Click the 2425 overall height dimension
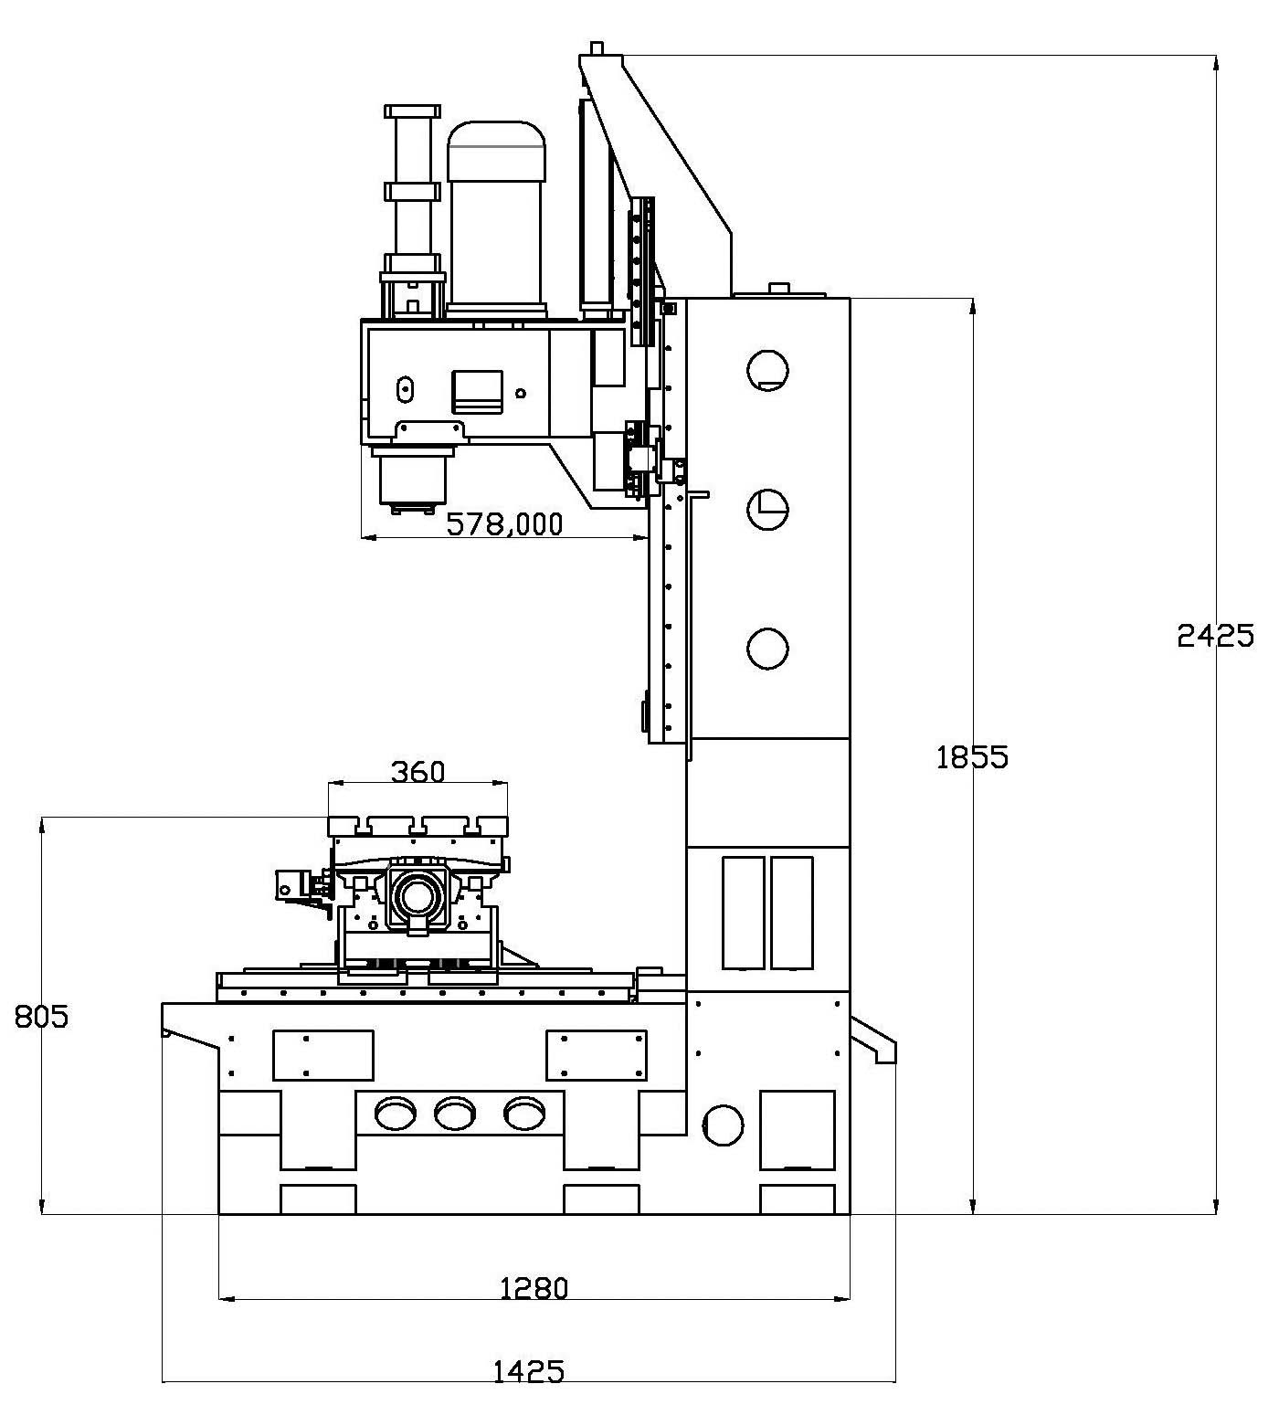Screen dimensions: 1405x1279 pyautogui.click(x=1215, y=634)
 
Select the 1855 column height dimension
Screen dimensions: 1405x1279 pyautogui.click(x=972, y=756)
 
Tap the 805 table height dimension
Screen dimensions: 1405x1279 pyautogui.click(x=42, y=1016)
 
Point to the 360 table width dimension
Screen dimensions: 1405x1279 pyautogui.click(x=418, y=772)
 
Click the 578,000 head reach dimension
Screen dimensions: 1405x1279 pyautogui.click(x=504, y=523)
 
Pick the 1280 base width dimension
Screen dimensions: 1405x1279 pyautogui.click(x=534, y=1287)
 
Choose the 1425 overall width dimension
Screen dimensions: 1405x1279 pyautogui.click(x=528, y=1371)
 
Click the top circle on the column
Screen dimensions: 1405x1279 pyautogui.click(x=767, y=370)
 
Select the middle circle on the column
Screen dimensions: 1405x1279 pyautogui.click(x=767, y=509)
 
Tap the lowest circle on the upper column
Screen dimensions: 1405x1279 pyautogui.click(x=767, y=649)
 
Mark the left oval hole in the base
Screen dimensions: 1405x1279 pyautogui.click(x=395, y=1113)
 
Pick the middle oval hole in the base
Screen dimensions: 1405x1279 pyautogui.click(x=455, y=1113)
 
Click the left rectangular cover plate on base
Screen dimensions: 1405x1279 pyautogui.click(x=323, y=1055)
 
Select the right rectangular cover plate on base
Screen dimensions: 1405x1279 pyautogui.click(x=597, y=1055)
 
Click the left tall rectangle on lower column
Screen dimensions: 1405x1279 pyautogui.click(x=743, y=912)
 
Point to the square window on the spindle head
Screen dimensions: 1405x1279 pyautogui.click(x=477, y=391)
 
